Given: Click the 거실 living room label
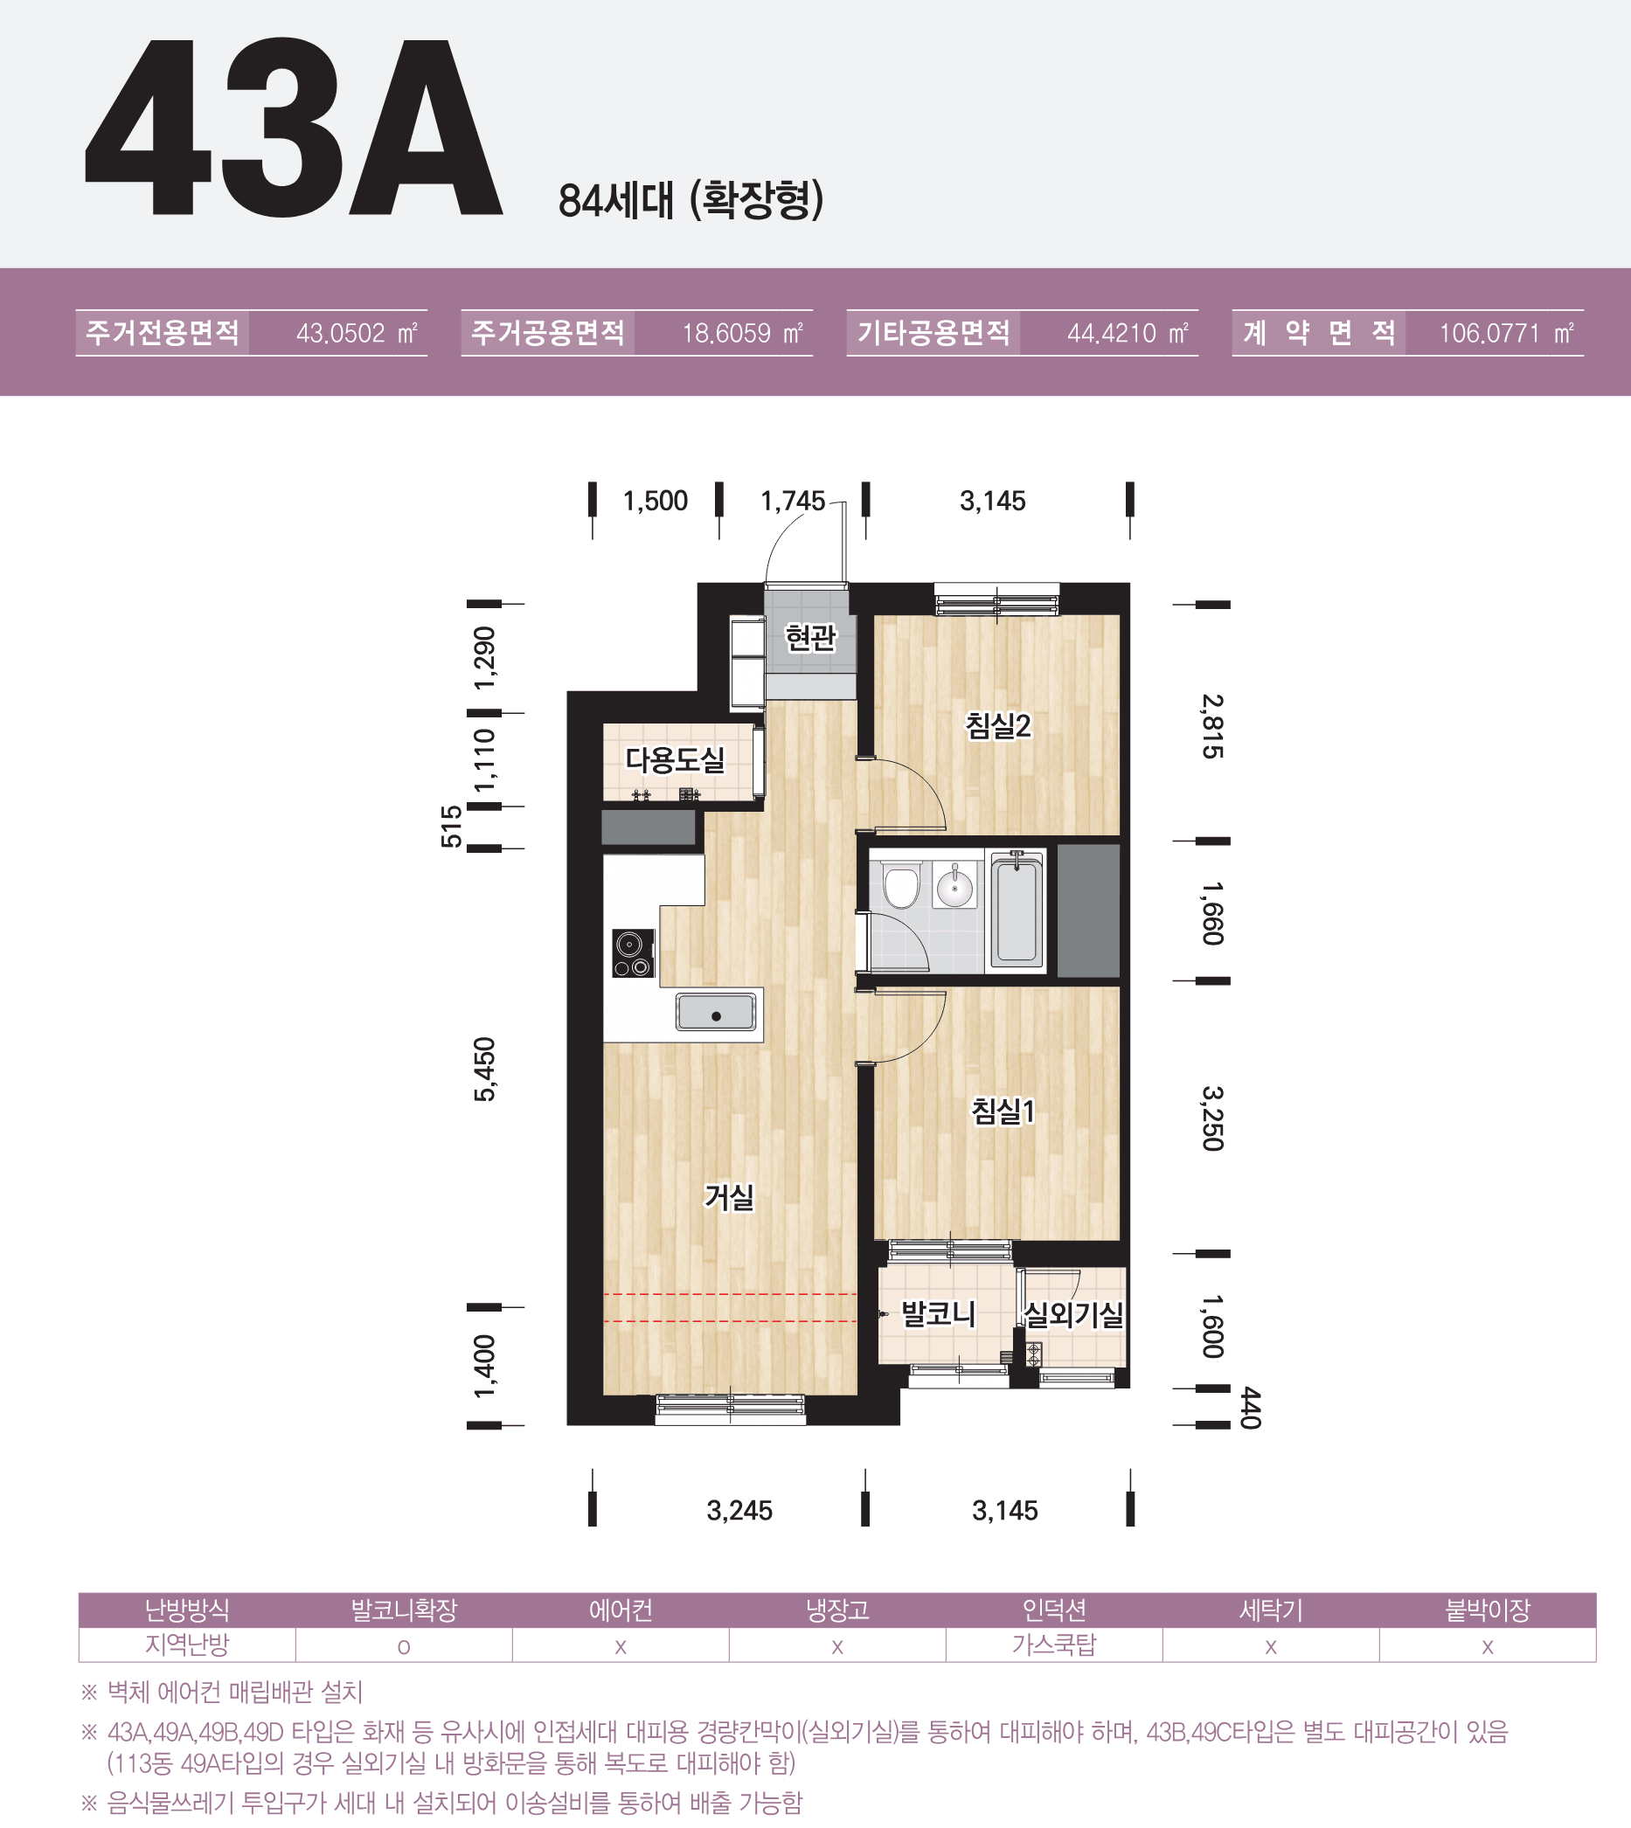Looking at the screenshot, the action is click(x=730, y=1196).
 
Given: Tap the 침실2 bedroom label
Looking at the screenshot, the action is click(x=998, y=725).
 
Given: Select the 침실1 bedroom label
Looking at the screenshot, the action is click(x=1003, y=1111).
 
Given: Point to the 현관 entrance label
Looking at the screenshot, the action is click(x=810, y=637).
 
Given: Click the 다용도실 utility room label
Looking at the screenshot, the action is click(x=675, y=760).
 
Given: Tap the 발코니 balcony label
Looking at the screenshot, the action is click(x=938, y=1314).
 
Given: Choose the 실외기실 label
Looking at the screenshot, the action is click(x=1073, y=1314).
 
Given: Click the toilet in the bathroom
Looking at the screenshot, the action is click(x=901, y=884).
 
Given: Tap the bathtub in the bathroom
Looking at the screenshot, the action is click(x=1017, y=911).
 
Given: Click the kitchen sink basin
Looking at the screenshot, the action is click(x=716, y=1013).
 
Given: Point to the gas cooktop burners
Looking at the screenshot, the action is click(x=634, y=952).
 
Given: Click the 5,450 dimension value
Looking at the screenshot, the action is click(x=485, y=1069).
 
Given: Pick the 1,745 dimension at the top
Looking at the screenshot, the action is click(x=792, y=501).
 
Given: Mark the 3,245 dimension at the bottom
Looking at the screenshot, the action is click(x=739, y=1511).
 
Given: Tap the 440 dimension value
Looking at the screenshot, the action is click(x=1251, y=1408).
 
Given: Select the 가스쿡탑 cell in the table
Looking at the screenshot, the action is click(x=1054, y=1645).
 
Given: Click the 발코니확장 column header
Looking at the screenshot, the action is click(x=404, y=1610).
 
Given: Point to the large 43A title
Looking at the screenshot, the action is click(x=293, y=128).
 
